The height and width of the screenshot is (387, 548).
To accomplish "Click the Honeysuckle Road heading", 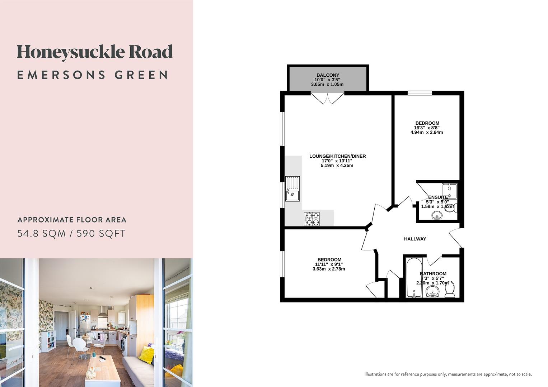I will pyautogui.click(x=95, y=52).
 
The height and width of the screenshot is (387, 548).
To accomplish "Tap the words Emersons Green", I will pyautogui.click(x=93, y=75).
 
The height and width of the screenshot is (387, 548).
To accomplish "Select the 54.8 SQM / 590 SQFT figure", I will pyautogui.click(x=71, y=234).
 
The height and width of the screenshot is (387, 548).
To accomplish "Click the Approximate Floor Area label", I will pyautogui.click(x=72, y=220).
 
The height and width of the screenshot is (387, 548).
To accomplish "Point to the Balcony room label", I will pyautogui.click(x=327, y=75).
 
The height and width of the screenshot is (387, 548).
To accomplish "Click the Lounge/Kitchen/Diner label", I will pyautogui.click(x=337, y=156).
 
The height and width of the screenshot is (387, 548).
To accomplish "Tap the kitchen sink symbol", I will pyautogui.click(x=292, y=189).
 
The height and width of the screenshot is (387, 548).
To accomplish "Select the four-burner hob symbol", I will pyautogui.click(x=312, y=219).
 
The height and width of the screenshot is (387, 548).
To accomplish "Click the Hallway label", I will pyautogui.click(x=415, y=239).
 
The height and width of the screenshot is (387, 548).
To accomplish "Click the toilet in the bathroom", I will pyautogui.click(x=450, y=290).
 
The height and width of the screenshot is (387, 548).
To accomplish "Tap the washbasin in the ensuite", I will pyautogui.click(x=436, y=215).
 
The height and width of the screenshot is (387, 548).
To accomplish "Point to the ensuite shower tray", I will pyautogui.click(x=449, y=191).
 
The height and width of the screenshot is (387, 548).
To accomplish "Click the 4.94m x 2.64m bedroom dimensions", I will pyautogui.click(x=426, y=132).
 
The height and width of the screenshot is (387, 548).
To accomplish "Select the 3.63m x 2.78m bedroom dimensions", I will pyautogui.click(x=329, y=269).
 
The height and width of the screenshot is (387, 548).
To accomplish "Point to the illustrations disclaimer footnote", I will pyautogui.click(x=448, y=374).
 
